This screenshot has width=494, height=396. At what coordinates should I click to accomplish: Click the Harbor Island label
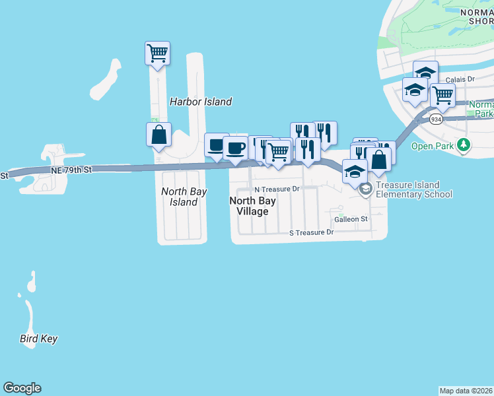coord(201,102)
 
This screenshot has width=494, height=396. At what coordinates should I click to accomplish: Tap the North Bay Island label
coord(184,197)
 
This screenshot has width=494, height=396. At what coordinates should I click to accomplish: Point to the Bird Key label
coord(38,339)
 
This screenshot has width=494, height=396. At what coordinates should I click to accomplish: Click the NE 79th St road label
coord(69,170)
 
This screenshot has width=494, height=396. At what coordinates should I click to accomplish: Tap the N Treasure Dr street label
coord(277,189)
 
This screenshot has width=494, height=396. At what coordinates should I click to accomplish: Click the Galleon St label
coord(351,219)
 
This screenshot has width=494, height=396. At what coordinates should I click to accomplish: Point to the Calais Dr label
coord(460,79)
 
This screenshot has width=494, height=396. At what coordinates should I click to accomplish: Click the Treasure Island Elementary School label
coord(413,190)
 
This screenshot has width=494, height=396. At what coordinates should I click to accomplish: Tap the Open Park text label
coord(431,146)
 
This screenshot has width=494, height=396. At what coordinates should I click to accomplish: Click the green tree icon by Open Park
coord(464,144)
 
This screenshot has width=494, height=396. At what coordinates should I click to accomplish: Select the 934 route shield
coord(435,119)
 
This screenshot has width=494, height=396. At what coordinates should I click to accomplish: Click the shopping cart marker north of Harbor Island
coord(158,53)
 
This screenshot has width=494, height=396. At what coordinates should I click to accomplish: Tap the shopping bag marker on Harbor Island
coord(159,134)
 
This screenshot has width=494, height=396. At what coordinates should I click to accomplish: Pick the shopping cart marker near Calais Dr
coord(442,95)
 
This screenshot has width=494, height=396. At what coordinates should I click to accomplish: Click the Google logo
coord(22,388)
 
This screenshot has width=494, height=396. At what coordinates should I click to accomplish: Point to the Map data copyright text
coord(466,391)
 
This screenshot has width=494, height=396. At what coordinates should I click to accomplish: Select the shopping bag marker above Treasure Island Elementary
coord(379,159)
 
